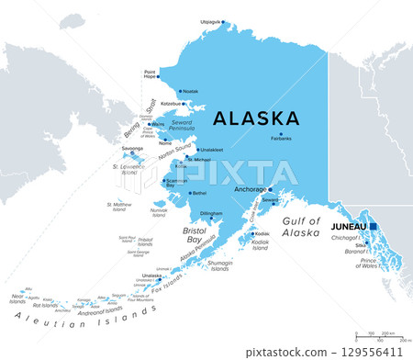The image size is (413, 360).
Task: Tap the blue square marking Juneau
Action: pyautogui.click(x=374, y=226)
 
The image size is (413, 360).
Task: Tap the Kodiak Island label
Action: pyautogui.click(x=260, y=244)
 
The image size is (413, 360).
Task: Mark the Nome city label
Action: pyautogui.click(x=165, y=142)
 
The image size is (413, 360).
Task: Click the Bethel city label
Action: pyautogui.click(x=199, y=193)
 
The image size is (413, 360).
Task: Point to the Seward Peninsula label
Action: pyautogui.click(x=186, y=129)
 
